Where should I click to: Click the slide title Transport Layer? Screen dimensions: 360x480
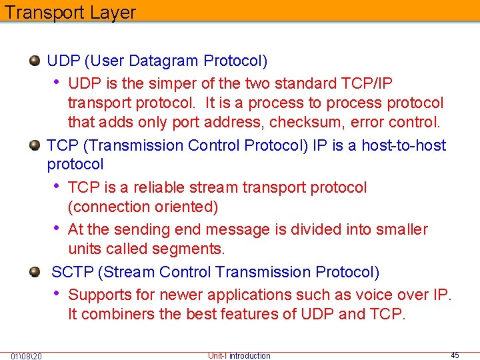(x=70, y=13)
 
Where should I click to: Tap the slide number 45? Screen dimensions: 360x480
(x=455, y=355)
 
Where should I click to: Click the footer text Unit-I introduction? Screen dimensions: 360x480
(x=239, y=356)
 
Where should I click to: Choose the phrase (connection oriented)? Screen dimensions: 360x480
(x=143, y=207)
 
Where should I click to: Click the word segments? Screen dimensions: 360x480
(x=190, y=249)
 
